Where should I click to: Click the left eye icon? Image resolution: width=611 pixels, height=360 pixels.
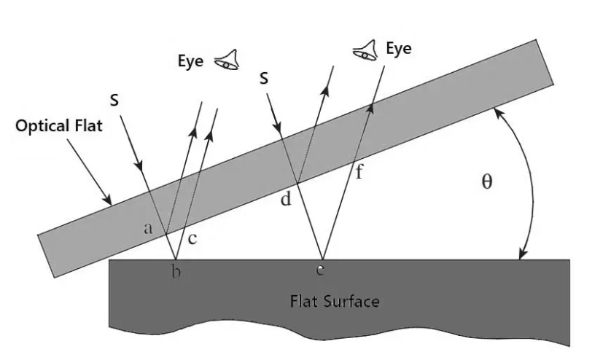click(226, 60)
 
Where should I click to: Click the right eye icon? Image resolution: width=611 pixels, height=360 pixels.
click(365, 49)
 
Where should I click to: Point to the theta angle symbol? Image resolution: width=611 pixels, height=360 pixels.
click(487, 182)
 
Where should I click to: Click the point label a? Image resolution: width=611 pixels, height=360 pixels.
click(148, 228)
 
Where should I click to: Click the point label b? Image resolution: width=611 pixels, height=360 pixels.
click(175, 273)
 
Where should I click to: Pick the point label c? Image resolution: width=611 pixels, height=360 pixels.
click(192, 238)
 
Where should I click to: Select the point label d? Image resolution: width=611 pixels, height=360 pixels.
click(286, 199)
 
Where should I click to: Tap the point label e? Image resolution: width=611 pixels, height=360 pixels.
click(320, 270)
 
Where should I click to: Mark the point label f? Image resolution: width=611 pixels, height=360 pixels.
click(358, 173)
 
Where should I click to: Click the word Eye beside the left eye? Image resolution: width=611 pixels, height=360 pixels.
click(191, 61)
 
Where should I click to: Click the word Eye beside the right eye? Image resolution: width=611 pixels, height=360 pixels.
click(399, 49)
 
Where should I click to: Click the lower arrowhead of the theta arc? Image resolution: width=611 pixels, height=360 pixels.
click(520, 255)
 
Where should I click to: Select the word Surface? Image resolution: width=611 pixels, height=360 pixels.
click(354, 300)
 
